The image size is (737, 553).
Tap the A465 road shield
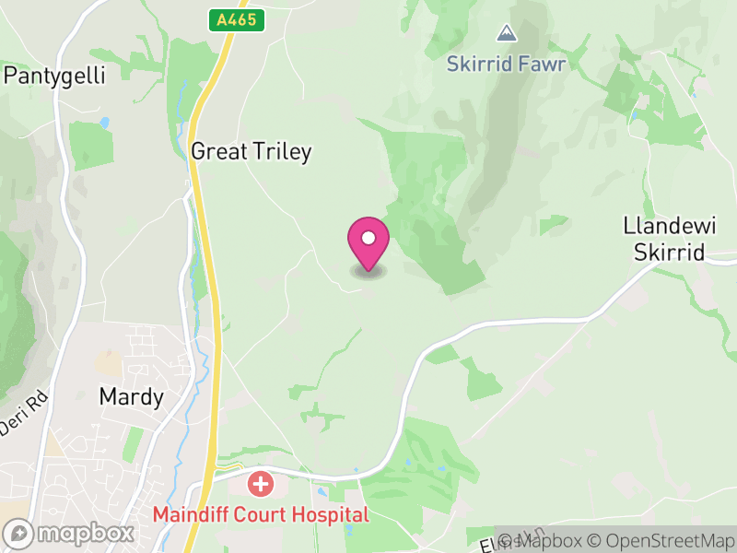237,20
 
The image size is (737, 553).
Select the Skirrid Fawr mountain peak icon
505,34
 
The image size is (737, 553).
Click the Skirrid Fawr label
505,65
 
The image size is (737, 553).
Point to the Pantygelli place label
55,76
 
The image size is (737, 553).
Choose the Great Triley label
251,152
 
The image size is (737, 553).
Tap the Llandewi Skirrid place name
663,239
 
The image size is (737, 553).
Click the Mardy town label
131,398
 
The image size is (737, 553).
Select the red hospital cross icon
261,483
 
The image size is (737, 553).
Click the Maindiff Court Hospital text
261,514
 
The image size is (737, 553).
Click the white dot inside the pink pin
368,238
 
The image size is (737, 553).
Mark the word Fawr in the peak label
543,65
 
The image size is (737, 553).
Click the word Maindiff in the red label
188,514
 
